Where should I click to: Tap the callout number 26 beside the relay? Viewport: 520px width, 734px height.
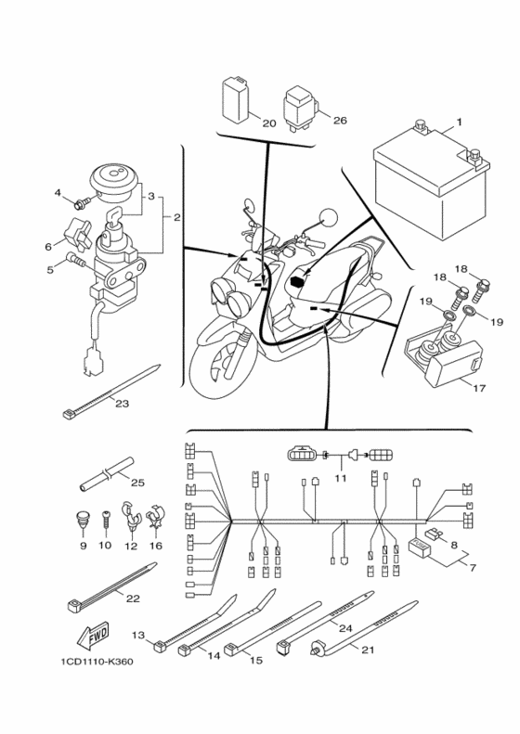click(340, 121)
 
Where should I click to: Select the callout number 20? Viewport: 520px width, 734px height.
click(268, 123)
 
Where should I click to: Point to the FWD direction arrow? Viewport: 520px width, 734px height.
click(93, 637)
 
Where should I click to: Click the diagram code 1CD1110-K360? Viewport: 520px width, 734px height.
click(97, 662)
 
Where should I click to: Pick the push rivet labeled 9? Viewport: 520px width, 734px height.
click(83, 518)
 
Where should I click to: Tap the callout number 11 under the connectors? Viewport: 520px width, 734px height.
click(340, 479)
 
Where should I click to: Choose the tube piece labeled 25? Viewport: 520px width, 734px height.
click(106, 474)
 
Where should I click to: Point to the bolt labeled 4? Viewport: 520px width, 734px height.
click(83, 203)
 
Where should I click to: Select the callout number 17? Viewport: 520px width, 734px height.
click(479, 388)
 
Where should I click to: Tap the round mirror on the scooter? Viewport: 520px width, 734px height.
click(328, 220)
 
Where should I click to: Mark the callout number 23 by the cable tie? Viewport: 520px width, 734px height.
click(122, 403)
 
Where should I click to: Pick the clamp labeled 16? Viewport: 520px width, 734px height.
click(155, 518)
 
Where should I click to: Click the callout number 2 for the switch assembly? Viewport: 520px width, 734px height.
click(176, 218)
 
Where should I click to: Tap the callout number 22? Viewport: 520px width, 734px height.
click(133, 599)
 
